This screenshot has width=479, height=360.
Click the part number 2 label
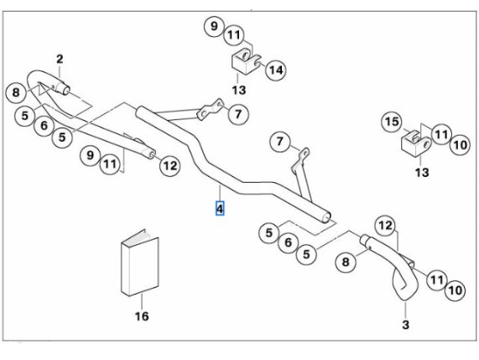(60, 59)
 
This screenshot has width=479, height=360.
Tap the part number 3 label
(405, 325)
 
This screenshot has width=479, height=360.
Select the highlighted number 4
(220, 208)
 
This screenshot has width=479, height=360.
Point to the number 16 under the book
(142, 316)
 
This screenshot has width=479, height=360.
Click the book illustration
(140, 263)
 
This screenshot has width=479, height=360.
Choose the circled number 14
(276, 70)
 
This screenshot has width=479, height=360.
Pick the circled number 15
(392, 122)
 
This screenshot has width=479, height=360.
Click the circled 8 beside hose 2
(16, 92)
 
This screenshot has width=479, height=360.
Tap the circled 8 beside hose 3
(345, 262)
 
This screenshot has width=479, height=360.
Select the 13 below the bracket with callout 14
(238, 90)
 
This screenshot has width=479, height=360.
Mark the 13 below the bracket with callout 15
(422, 173)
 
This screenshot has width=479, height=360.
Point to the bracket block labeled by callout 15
(415, 143)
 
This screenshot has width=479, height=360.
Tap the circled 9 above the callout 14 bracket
(214, 26)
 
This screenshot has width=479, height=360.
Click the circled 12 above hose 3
(385, 226)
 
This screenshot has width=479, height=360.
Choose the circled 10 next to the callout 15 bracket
(460, 145)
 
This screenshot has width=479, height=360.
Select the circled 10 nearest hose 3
(456, 290)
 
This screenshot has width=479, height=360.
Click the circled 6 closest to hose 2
(44, 125)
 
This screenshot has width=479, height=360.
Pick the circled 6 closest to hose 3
(288, 243)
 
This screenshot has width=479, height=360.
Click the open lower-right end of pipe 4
(326, 217)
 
